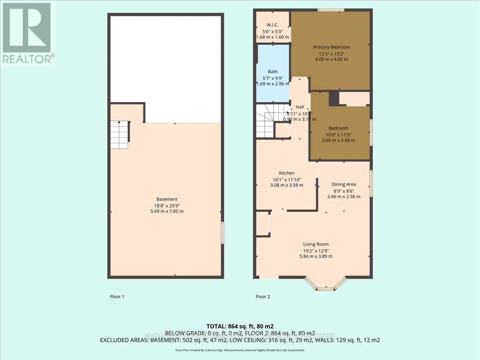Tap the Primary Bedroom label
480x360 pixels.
tap(331, 47)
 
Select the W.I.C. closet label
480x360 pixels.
tap(272, 25)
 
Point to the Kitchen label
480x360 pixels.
tap(287, 173)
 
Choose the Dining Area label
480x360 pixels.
tap(344, 184)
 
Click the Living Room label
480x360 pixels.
tap(316, 244)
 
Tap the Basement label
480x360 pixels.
tap(167, 199)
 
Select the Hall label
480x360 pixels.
tap(300, 107)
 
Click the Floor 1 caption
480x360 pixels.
tap(117, 297)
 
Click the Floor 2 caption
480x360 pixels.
tap(263, 297)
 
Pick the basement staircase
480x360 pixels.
tap(119, 135)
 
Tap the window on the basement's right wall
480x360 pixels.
tap(222, 232)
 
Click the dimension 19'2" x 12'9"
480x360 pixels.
tap(316, 250)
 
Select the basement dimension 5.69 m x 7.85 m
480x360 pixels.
tap(167, 211)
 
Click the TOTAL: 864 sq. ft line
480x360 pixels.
tap(240, 326)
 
